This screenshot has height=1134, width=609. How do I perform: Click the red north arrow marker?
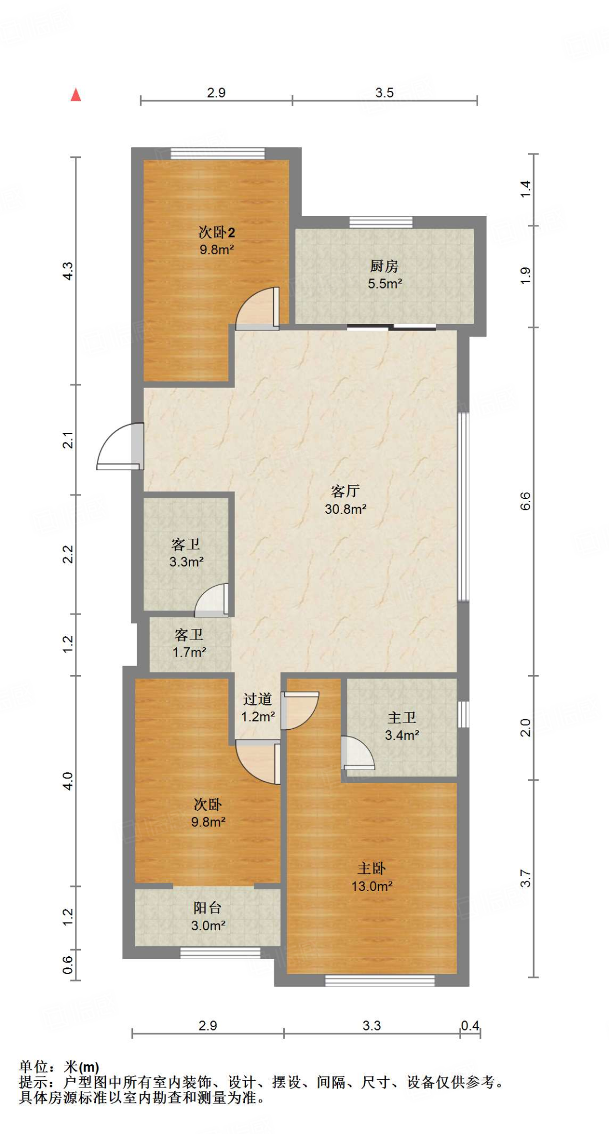(76, 95)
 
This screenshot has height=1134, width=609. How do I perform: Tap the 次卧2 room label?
(217, 240)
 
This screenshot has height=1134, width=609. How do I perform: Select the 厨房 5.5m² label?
(385, 275)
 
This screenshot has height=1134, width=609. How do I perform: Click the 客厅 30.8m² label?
(345, 499)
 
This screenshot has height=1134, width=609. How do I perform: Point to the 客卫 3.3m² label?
(186, 553)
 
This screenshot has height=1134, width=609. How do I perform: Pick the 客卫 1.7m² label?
(189, 643)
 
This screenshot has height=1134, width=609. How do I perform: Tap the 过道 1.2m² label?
(258, 708)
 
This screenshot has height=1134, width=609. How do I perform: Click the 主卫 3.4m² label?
(402, 726)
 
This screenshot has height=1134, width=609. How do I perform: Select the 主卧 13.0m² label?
(372, 877)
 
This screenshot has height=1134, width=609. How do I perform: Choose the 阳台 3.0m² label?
(208, 916)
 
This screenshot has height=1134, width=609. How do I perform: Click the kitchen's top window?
(381, 222)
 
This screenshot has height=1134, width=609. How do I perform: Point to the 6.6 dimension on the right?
(525, 501)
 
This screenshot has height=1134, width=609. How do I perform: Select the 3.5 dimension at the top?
(384, 92)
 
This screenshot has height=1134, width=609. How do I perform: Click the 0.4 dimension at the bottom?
(470, 1025)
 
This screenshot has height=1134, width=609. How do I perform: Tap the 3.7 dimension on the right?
(525, 878)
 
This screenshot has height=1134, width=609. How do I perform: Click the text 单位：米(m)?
(59, 1066)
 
